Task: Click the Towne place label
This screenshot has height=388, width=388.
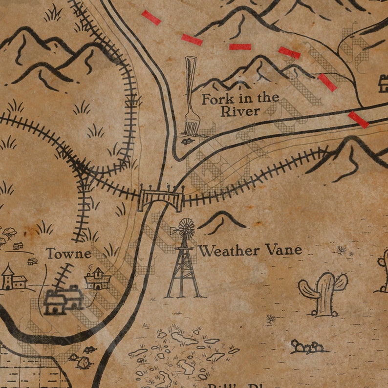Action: pyautogui.click(x=68, y=253)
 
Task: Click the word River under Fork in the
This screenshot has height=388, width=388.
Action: pyautogui.click(x=240, y=111)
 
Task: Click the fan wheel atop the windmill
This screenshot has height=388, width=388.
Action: pyautogui.click(x=186, y=228)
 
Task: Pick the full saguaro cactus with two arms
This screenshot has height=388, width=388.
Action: pyautogui.click(x=323, y=293)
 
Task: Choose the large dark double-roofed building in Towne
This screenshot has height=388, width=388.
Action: pyautogui.click(x=63, y=299)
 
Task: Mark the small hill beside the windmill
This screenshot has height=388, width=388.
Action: pyautogui.click(x=221, y=221)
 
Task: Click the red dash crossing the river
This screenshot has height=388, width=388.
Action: pyautogui.click(x=358, y=120)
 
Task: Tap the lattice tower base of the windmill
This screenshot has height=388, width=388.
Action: pyautogui.click(x=184, y=274)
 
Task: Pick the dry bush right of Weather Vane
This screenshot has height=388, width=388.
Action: pyautogui.click(x=342, y=250)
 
